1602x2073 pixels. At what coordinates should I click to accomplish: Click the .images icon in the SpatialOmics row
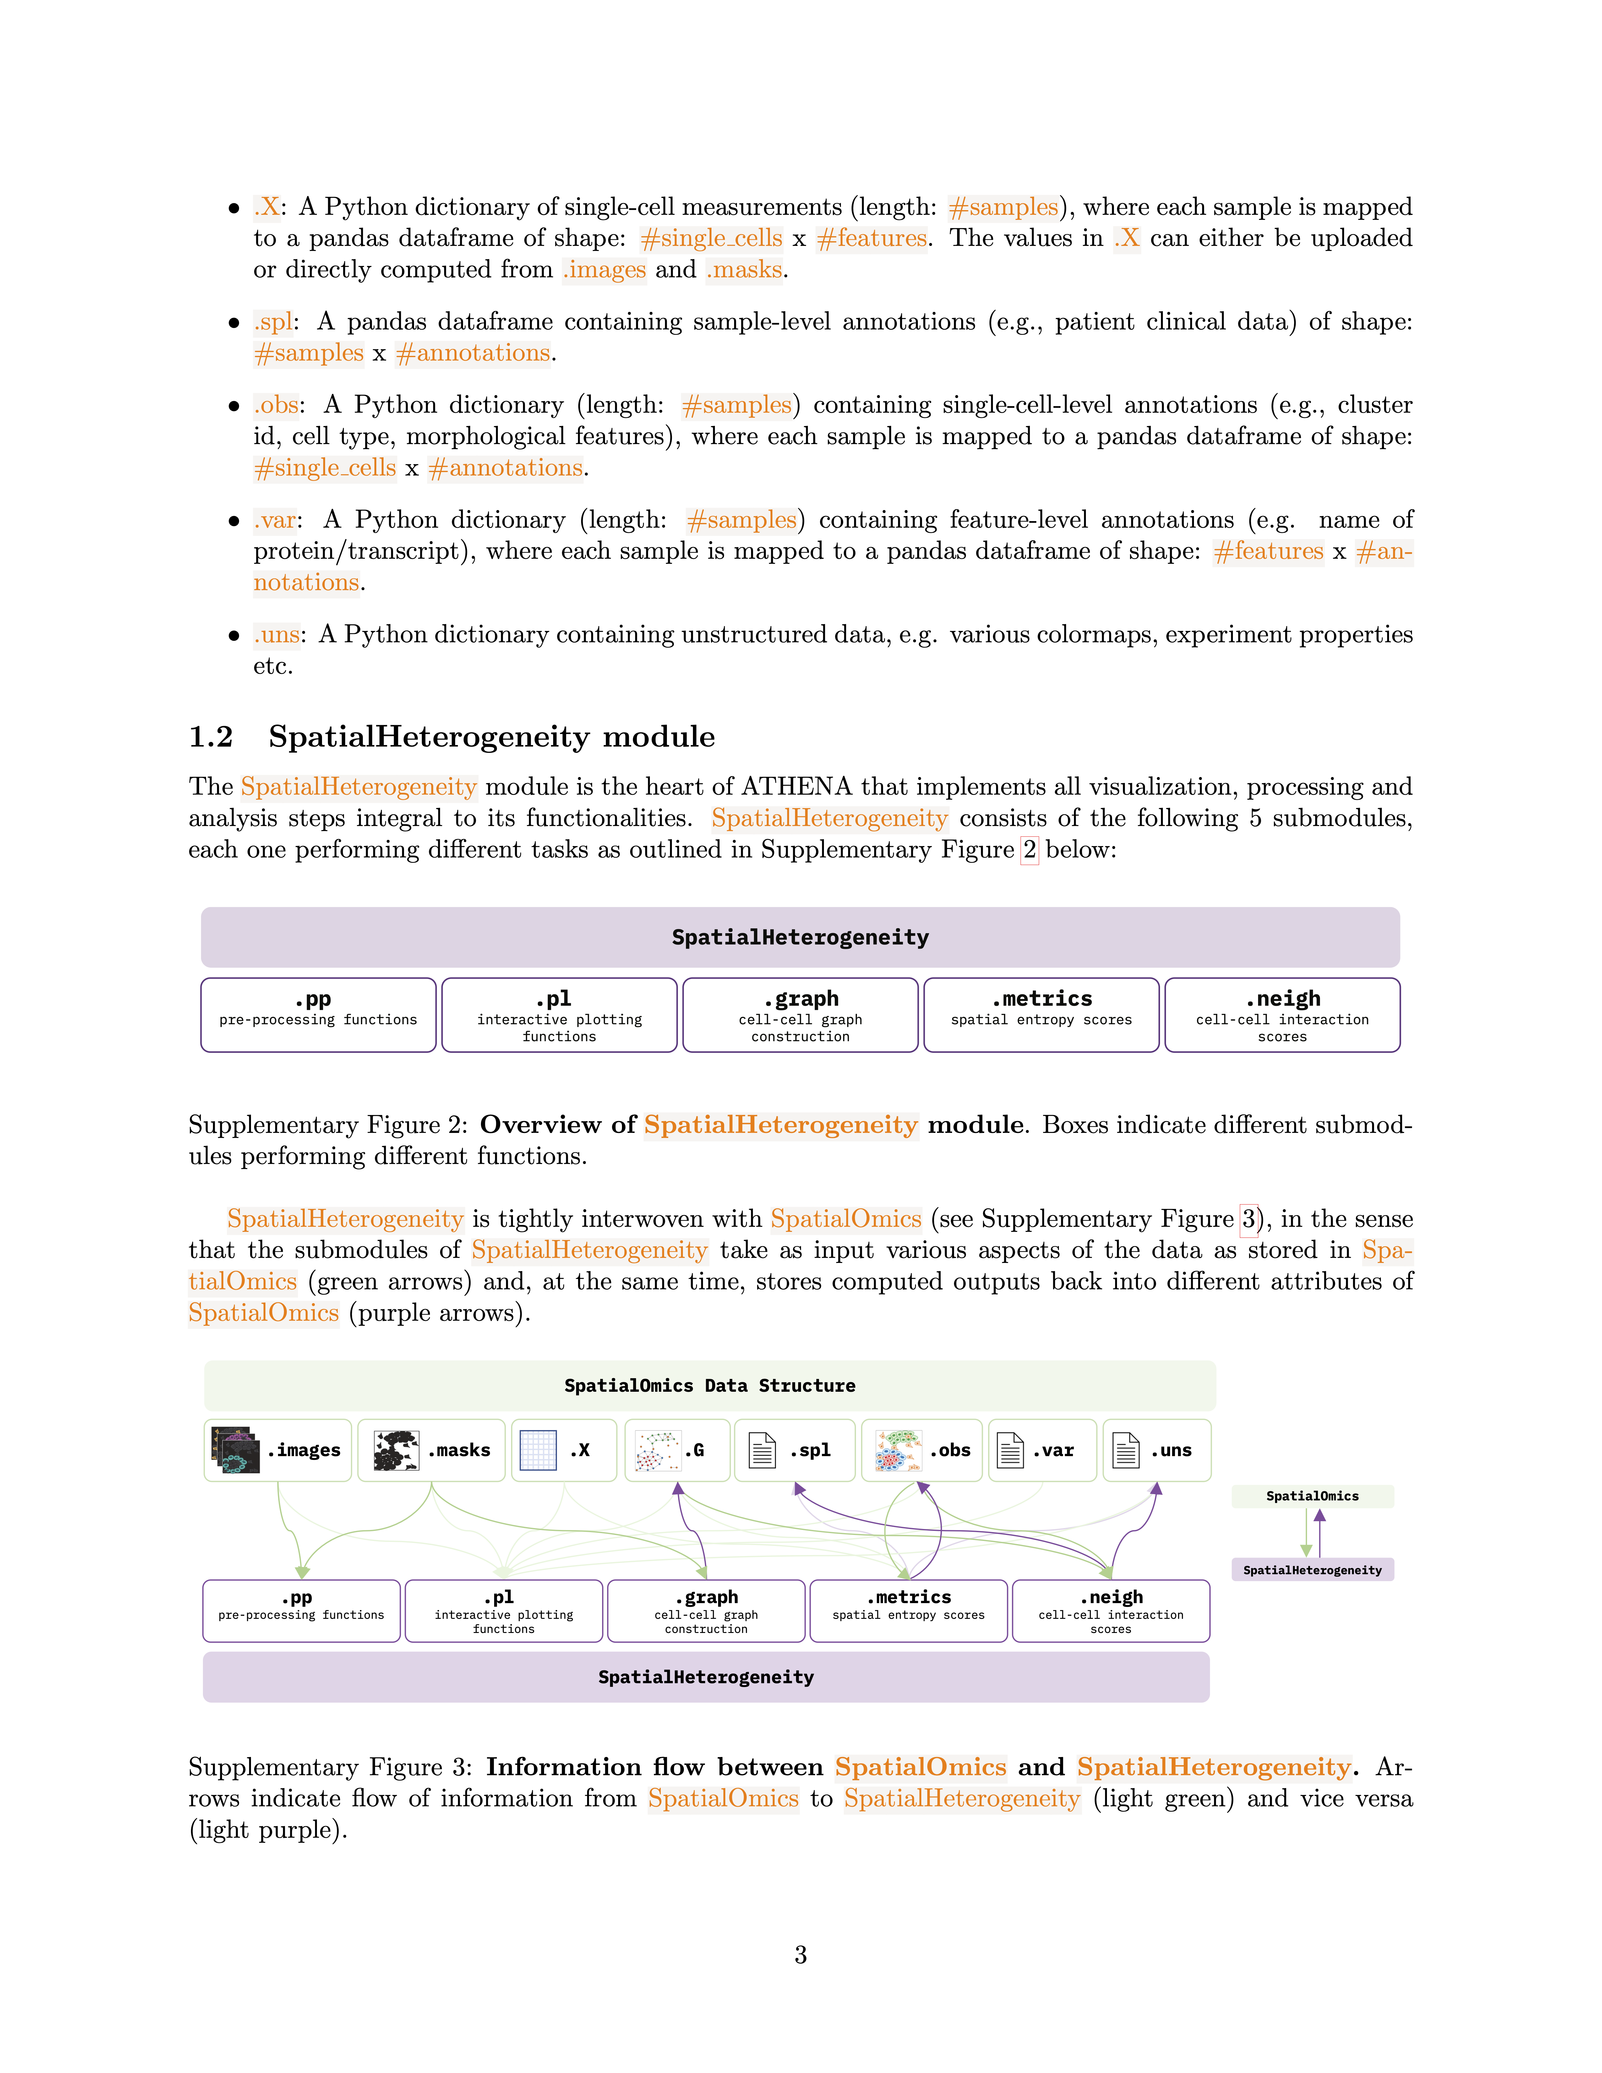click(x=234, y=1450)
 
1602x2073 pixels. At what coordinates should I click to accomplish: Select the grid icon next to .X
click(x=538, y=1450)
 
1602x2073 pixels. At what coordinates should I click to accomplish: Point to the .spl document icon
click(x=762, y=1450)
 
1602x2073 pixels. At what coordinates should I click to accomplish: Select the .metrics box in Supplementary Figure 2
click(x=1041, y=1015)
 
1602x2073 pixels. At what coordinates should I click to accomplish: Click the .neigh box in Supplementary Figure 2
click(x=1282, y=1015)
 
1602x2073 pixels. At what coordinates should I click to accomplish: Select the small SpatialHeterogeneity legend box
click(x=1312, y=1570)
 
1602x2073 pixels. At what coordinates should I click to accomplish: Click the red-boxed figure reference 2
click(x=1030, y=850)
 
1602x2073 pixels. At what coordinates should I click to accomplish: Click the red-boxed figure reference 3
click(x=1249, y=1219)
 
